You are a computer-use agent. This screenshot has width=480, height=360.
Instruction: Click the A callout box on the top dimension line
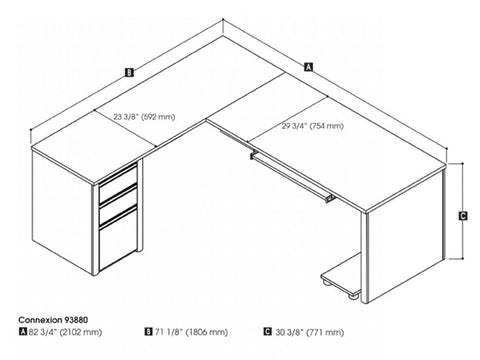click(308, 68)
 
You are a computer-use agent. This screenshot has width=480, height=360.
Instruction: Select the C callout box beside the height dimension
click(463, 215)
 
